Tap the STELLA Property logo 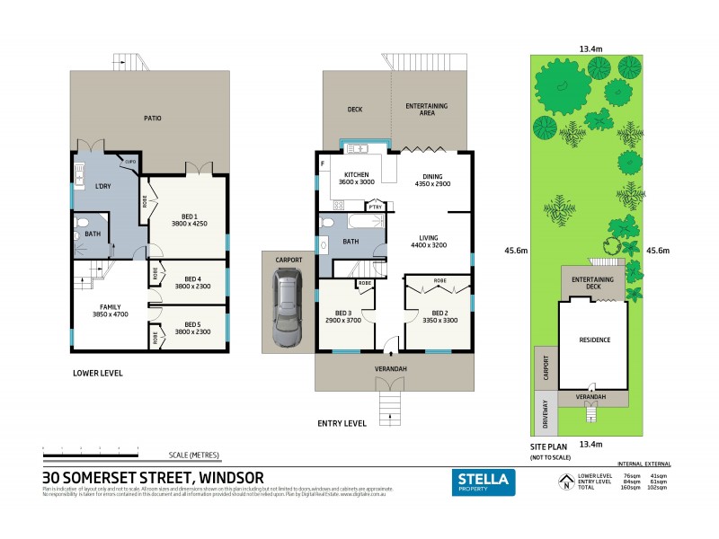coord(483,482)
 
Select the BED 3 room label coord(343,316)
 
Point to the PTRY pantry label coord(375,206)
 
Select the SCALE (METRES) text coord(193,455)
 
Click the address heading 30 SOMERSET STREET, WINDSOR coord(153,477)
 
